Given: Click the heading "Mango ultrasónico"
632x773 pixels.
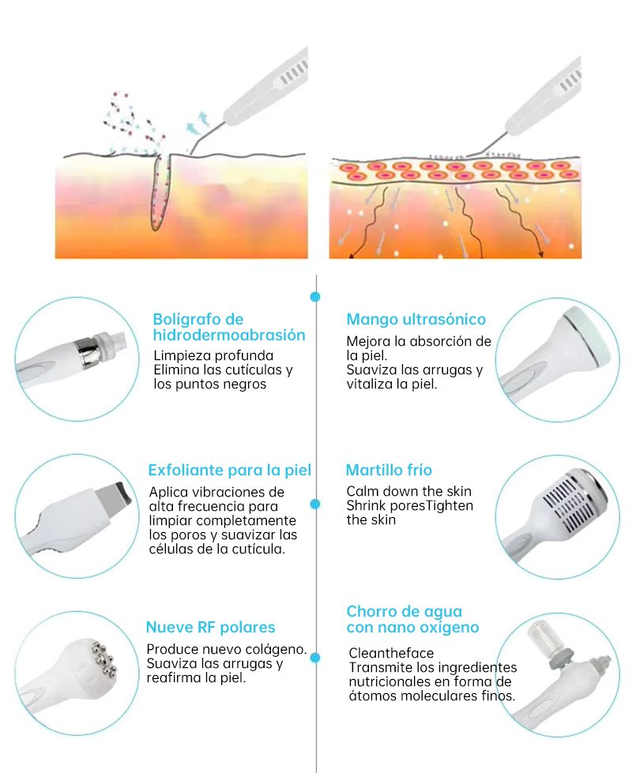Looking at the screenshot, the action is click(416, 320).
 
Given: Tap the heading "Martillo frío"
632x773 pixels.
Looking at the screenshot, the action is click(389, 471).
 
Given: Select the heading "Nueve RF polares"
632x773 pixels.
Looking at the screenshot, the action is click(211, 627).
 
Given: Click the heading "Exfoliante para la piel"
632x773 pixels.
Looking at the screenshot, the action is click(230, 471).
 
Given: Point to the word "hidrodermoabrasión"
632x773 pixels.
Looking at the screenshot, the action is click(229, 336).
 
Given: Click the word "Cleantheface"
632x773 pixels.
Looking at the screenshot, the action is click(391, 653).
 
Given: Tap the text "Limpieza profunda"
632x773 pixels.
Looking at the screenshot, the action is click(213, 355).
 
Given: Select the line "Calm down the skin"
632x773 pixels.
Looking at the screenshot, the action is click(409, 491).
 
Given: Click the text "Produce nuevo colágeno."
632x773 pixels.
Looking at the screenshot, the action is click(227, 649).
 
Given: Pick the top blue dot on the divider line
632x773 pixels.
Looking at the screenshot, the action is click(315, 297).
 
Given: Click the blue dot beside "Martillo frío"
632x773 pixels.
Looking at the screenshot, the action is click(315, 504).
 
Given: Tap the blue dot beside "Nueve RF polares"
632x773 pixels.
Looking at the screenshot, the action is click(315, 658).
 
